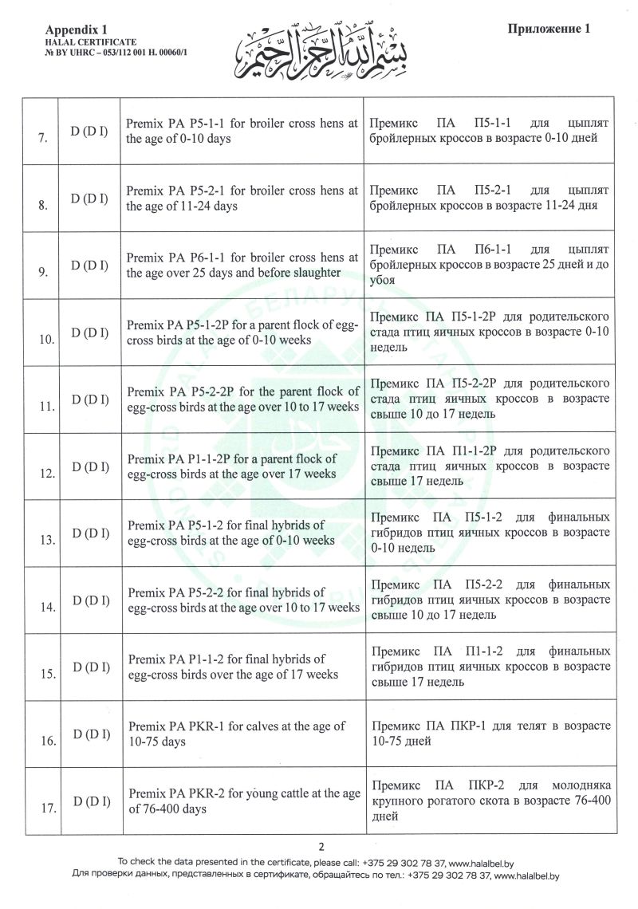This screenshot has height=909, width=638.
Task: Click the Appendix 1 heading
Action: coord(84,29)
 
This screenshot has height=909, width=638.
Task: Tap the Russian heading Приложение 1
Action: coord(548,29)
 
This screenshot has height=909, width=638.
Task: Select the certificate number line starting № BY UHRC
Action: coord(120,52)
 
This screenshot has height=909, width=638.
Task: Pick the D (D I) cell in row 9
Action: coord(89,266)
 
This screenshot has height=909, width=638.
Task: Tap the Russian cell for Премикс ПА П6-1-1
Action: coord(489,265)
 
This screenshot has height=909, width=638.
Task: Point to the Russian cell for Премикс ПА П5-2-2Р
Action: coord(489,399)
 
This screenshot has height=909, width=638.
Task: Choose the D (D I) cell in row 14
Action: coord(89,600)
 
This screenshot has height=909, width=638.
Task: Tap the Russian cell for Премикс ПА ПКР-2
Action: coord(489,801)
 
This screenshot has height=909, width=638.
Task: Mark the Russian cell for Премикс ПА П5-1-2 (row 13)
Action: coord(489,533)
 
